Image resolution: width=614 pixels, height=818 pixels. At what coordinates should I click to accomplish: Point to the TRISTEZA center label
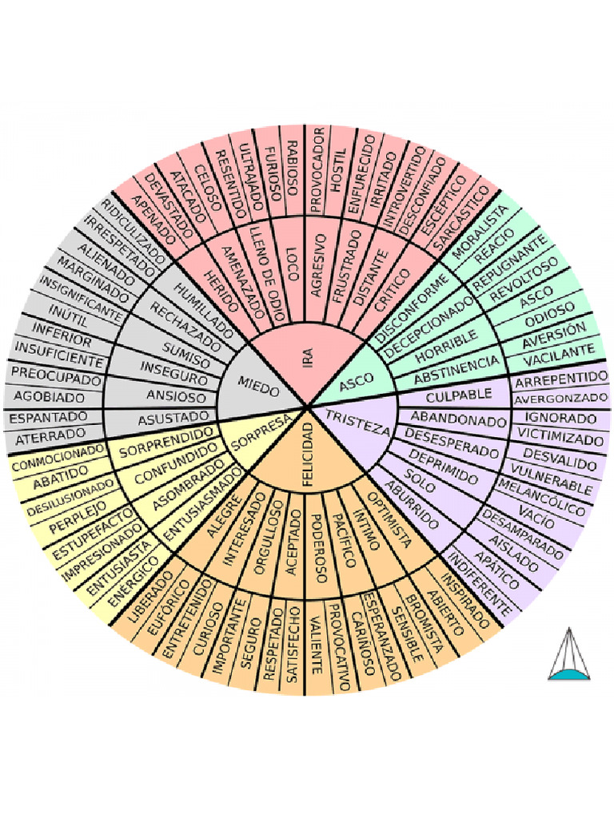coord(357,420)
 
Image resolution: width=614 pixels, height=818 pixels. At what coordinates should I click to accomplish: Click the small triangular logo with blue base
coord(568,655)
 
